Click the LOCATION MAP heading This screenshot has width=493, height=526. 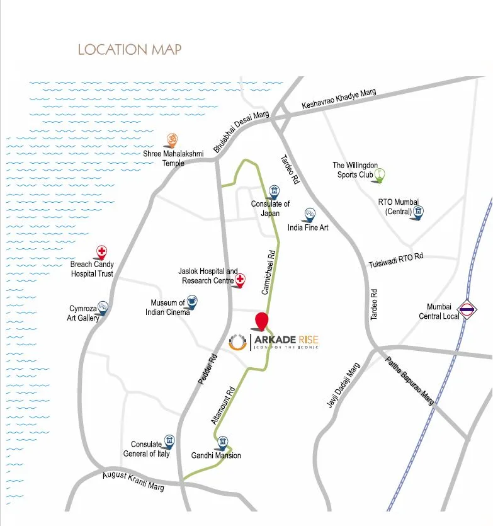click(x=129, y=49)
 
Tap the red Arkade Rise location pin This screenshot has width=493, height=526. click(x=261, y=320)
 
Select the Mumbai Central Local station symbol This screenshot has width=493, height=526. click(x=467, y=309)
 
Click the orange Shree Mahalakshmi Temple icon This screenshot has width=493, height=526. click(x=171, y=139)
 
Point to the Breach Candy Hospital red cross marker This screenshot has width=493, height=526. click(x=101, y=252)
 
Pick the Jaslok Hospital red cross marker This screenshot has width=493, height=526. click(x=240, y=280)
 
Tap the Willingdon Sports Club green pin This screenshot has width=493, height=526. click(x=380, y=174)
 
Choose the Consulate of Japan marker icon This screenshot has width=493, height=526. click(x=274, y=191)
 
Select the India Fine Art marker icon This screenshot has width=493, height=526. click(x=309, y=215)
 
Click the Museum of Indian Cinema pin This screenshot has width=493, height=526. click(x=192, y=304)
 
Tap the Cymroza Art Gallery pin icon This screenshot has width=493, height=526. click(x=103, y=307)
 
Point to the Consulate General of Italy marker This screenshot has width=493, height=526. click(x=169, y=440)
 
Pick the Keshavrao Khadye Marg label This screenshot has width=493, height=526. click(x=338, y=100)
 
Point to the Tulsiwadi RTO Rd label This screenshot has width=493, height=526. click(x=395, y=261)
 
